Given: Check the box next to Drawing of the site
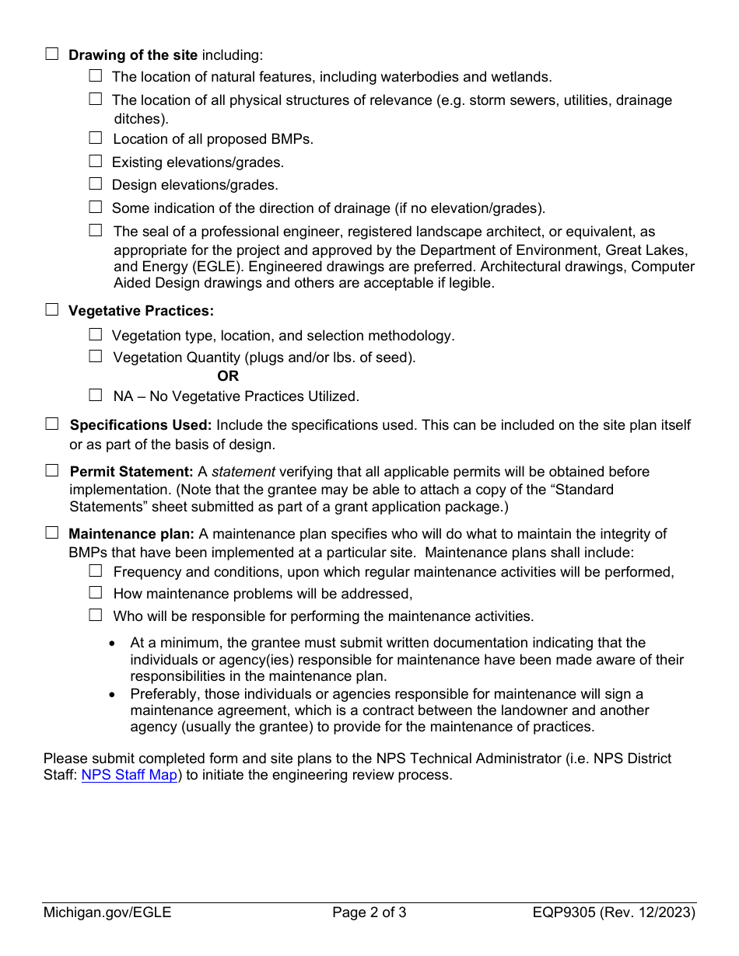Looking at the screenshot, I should (x=52, y=54).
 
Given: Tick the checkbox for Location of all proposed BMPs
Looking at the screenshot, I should (x=95, y=138).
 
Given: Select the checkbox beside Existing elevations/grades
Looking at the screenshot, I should (x=95, y=162).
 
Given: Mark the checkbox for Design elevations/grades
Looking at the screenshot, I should (x=95, y=184).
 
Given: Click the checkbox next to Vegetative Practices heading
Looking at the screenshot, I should (x=52, y=310).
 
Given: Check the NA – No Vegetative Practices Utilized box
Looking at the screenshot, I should (x=95, y=395).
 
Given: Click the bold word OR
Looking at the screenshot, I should (x=228, y=376).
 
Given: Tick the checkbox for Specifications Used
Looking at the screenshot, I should (x=52, y=424).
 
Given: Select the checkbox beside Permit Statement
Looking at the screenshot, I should (x=52, y=471).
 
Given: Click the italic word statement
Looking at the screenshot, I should (x=243, y=472).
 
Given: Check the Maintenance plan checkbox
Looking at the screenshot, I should (x=52, y=533).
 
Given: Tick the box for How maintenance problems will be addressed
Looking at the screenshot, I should (x=95, y=593).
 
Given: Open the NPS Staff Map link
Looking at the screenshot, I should (x=129, y=775).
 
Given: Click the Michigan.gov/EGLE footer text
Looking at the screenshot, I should (x=107, y=912).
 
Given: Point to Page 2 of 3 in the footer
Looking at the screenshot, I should (x=369, y=912).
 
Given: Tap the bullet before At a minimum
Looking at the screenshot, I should (x=114, y=644).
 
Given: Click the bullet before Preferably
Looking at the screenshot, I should (x=114, y=695).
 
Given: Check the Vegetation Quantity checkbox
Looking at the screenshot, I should (x=95, y=357).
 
